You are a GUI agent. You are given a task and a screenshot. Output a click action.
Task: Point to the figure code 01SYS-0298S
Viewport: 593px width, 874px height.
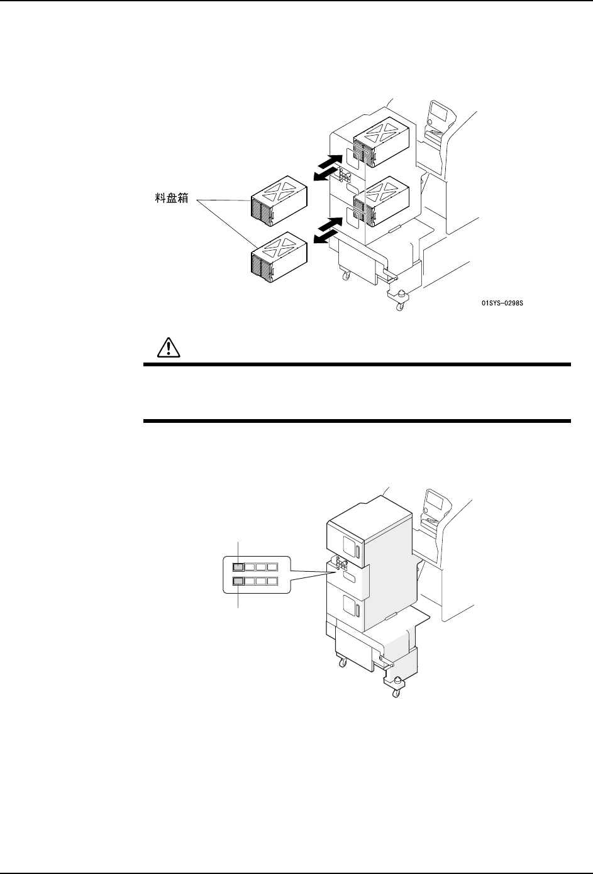tap(502, 303)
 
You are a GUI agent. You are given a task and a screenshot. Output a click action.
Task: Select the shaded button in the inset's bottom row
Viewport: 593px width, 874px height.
tap(238, 581)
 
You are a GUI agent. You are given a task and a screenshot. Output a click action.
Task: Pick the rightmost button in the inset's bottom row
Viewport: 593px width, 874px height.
tap(272, 581)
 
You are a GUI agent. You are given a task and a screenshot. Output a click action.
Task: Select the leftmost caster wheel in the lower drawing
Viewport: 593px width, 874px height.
tap(342, 663)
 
